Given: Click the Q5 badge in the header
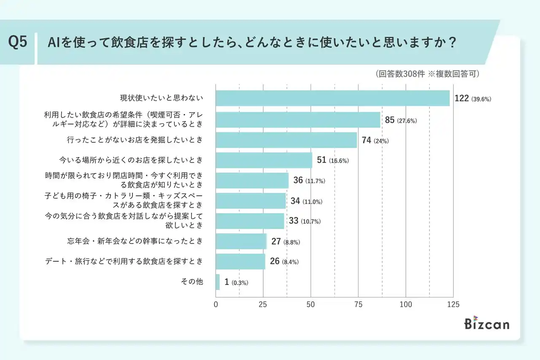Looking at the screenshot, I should point(18,43).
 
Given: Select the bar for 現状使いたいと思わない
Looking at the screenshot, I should point(332,98).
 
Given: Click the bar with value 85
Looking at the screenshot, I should point(298,120).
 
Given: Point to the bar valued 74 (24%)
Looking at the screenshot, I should point(286,140).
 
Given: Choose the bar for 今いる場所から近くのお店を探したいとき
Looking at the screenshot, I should point(264,160).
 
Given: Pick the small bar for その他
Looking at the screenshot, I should point(218,282).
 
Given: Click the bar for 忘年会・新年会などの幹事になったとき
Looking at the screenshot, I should point(241,241).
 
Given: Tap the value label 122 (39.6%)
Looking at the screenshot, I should point(472,99).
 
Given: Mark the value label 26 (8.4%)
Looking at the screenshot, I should point(284,262).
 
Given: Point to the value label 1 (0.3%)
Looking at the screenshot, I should point(236,282).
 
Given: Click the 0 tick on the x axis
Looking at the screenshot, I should point(216,304).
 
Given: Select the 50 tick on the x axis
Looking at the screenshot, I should point(311,304).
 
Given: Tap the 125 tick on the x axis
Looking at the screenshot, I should point(453,304).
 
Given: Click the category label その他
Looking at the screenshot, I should point(192,282).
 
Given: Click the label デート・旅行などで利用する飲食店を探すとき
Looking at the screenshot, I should point(124,262).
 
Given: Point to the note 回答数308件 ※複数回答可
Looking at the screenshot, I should point(427,74).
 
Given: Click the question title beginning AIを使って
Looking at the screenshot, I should point(253,43).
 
